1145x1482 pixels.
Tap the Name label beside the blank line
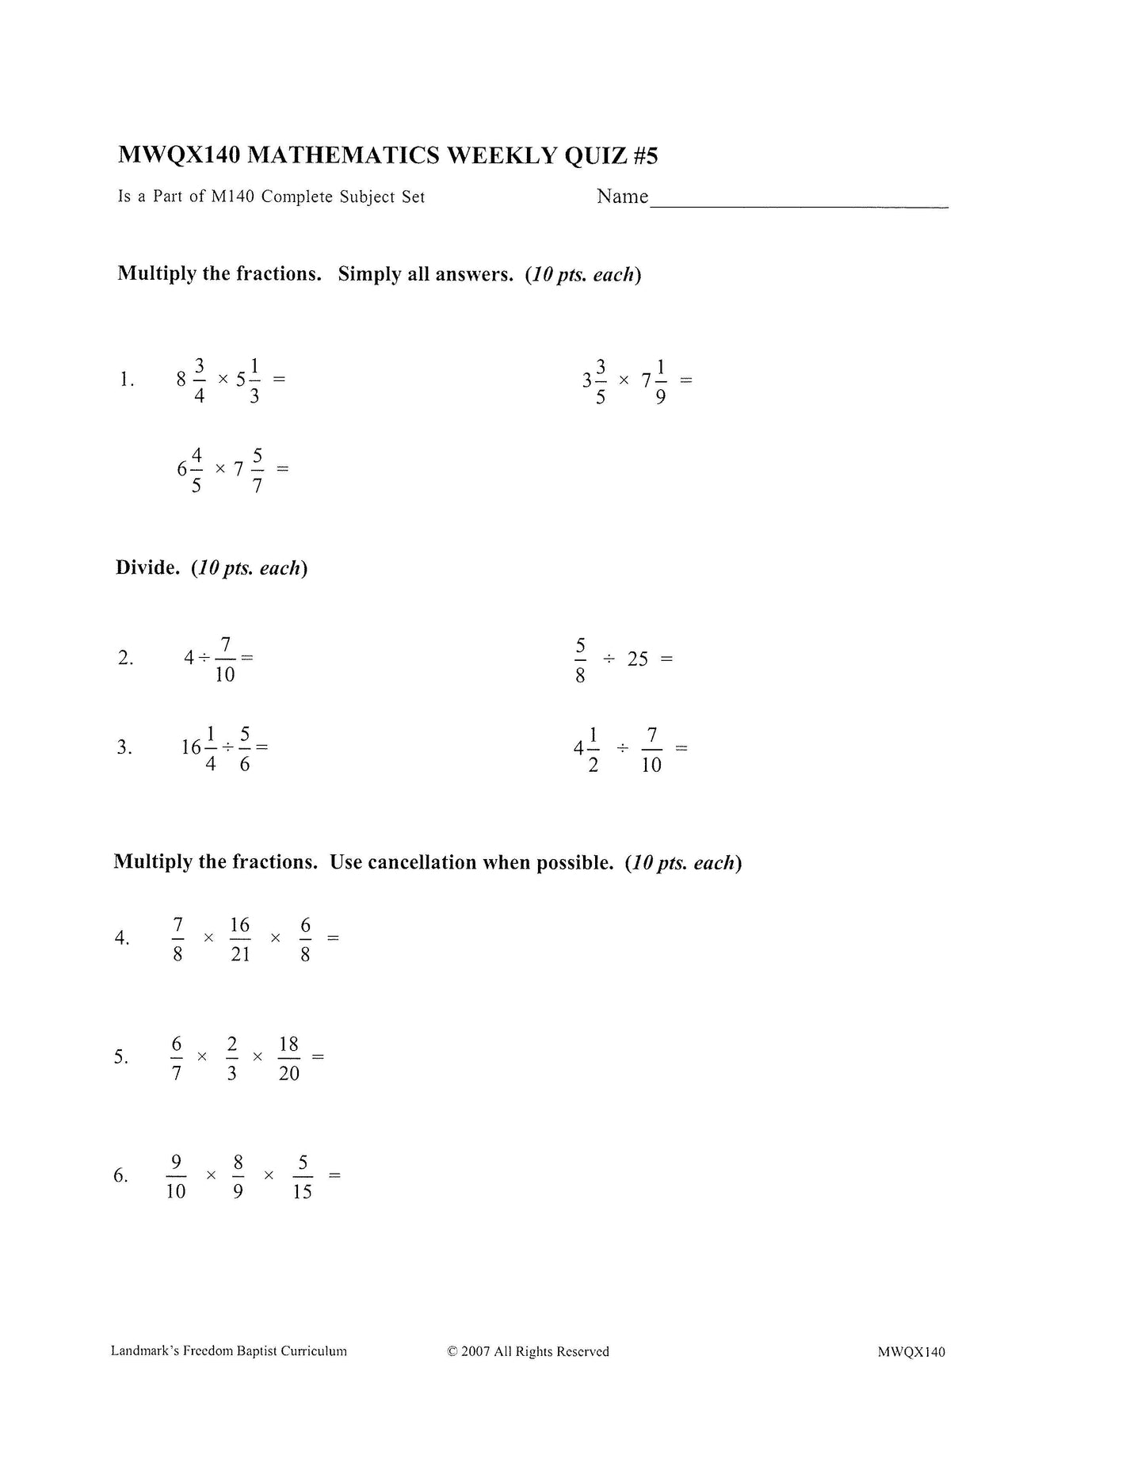622,197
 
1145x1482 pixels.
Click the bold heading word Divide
147,567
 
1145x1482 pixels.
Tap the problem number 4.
121,938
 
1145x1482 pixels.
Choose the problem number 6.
120,1175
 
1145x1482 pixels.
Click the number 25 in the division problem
638,659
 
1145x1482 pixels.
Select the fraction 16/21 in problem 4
240,939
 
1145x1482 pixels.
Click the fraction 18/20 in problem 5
288,1058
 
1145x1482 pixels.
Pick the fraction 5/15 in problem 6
302,1177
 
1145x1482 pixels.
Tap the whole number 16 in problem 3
191,747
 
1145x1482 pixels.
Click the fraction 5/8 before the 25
580,659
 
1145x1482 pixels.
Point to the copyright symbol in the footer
452,1352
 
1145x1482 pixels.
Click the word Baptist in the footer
259,1351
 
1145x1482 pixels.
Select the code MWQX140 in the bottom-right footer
911,1352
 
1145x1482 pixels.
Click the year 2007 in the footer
475,1352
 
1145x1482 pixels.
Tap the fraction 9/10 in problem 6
176,1177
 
